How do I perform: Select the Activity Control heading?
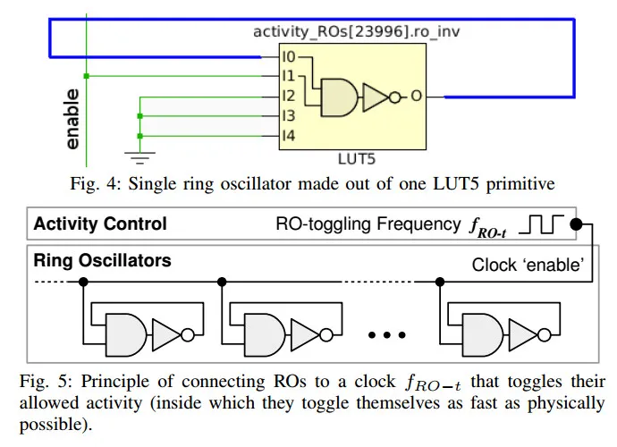pos(100,223)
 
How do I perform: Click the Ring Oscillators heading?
pos(102,262)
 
